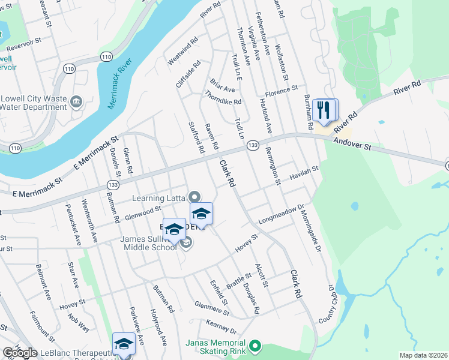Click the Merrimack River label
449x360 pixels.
pos(119,84)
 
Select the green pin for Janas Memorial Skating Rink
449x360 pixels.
pos(256,346)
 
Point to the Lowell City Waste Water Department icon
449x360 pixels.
pos(77,103)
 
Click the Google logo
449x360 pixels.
pos(20,353)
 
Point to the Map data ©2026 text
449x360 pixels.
pos(424,355)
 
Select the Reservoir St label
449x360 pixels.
pos(23,45)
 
